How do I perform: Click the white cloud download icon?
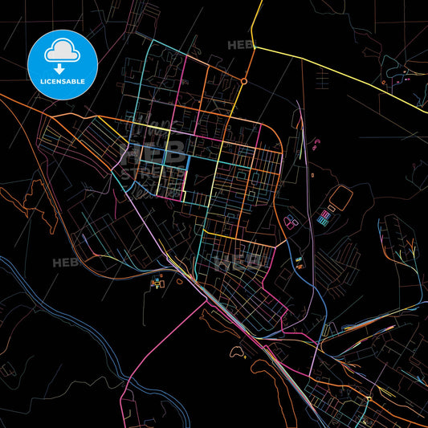[62, 52]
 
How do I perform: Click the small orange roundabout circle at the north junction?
[243, 81]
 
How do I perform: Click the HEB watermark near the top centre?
[239, 45]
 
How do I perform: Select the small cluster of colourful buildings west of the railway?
[157, 283]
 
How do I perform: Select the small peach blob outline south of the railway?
[239, 350]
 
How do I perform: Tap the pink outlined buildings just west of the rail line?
[290, 221]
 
